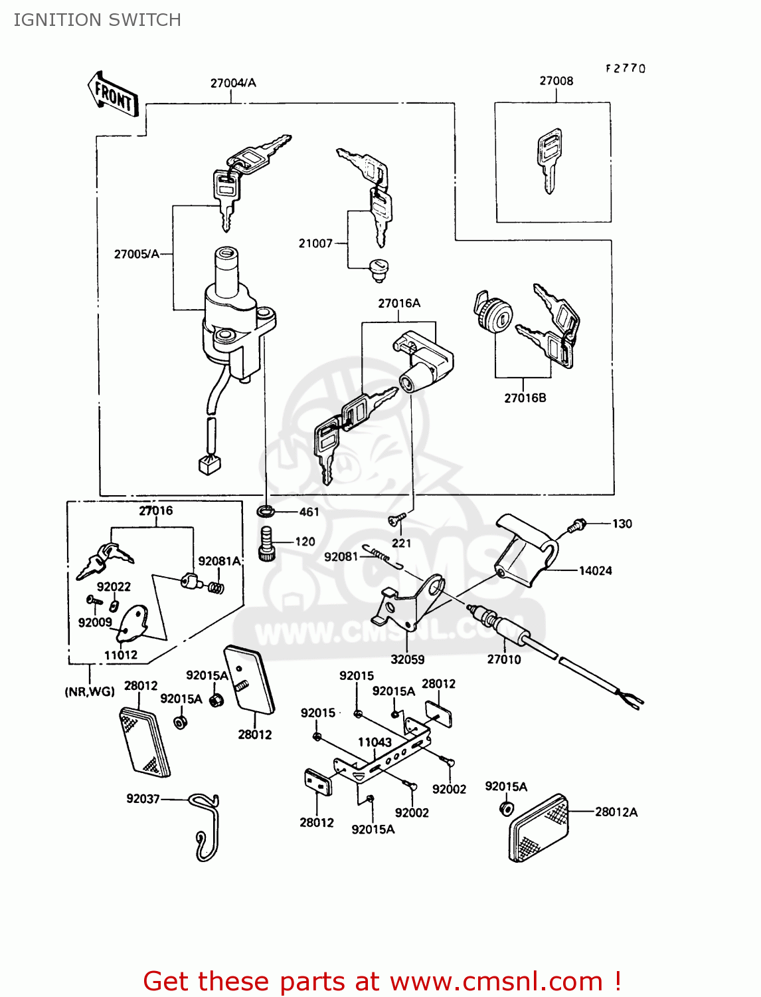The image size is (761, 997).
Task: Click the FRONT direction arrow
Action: tap(114, 95)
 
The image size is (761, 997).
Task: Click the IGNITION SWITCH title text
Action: tap(97, 20)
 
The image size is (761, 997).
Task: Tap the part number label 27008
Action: tap(556, 81)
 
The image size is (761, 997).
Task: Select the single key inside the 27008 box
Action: tap(549, 160)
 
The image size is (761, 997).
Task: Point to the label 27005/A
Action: tap(136, 254)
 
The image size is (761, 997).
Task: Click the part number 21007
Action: tap(315, 243)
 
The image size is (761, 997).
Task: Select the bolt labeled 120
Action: tap(267, 543)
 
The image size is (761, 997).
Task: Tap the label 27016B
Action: tap(525, 398)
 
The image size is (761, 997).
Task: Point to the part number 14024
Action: tap(595, 570)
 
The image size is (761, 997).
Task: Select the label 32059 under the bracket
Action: tap(407, 659)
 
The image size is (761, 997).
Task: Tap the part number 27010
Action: tap(504, 659)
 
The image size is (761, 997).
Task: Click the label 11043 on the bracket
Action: tap(375, 742)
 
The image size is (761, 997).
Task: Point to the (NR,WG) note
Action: tap(90, 692)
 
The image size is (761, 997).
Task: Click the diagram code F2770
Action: tap(625, 68)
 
